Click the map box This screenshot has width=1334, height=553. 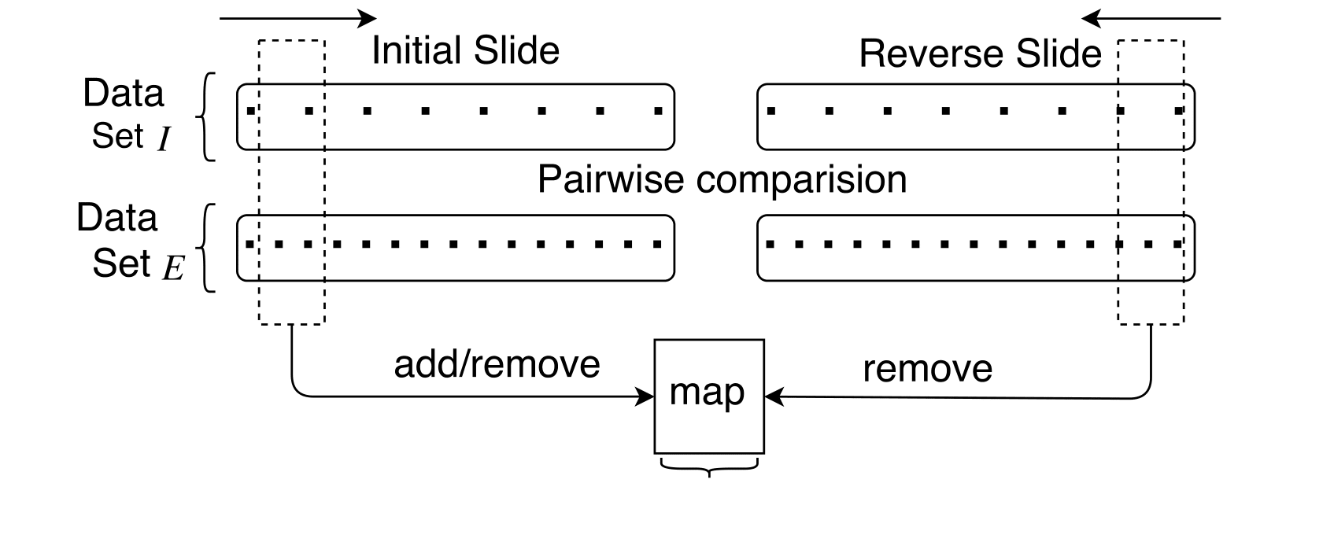click(708, 396)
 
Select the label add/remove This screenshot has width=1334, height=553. click(497, 364)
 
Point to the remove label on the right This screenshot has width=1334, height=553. click(927, 369)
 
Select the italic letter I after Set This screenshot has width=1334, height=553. click(163, 140)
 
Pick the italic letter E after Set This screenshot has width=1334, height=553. click(173, 269)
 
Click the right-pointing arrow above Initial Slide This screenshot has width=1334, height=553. click(298, 18)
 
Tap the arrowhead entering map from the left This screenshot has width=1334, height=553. click(647, 396)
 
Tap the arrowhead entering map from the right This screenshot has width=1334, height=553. click(773, 396)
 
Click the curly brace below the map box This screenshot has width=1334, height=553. click(709, 468)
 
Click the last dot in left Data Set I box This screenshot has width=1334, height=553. click(658, 111)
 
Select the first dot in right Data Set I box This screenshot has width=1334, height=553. click(771, 111)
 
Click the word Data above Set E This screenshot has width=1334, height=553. click(116, 218)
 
